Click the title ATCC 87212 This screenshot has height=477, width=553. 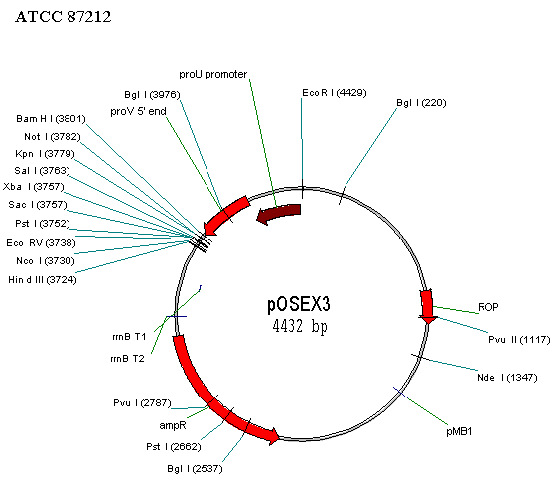(64, 17)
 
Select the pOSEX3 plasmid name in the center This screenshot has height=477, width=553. (299, 304)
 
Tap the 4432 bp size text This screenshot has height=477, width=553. (300, 326)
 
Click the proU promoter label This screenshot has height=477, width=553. (213, 75)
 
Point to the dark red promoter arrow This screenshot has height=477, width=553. (279, 213)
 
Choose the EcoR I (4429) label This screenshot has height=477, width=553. (335, 93)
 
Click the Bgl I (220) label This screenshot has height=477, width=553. (421, 103)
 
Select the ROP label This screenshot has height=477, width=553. (488, 307)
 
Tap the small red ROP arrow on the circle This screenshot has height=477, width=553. (427, 306)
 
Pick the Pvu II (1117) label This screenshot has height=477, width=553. (519, 340)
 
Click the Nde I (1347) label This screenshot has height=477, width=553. (506, 378)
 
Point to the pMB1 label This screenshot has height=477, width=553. (459, 431)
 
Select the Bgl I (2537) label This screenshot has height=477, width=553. (195, 469)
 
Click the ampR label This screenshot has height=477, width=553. (173, 425)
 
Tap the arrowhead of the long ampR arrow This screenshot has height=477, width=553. (273, 436)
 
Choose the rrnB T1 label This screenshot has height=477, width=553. (129, 337)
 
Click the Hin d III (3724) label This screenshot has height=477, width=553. (43, 280)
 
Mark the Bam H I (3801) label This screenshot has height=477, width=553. (52, 119)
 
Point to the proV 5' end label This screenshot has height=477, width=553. (138, 111)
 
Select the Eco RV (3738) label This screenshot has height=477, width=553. (41, 242)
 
